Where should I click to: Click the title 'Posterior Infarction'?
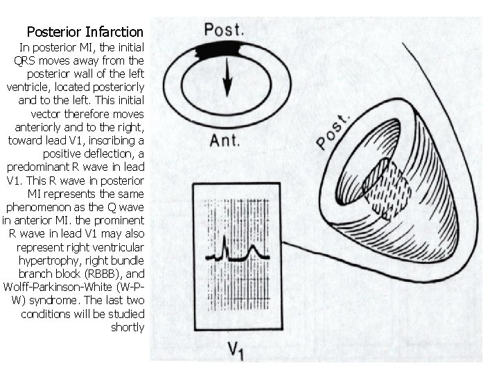tap(85, 32)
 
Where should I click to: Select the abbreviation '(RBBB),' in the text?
tap(116, 274)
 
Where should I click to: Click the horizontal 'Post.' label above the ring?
tap(223, 30)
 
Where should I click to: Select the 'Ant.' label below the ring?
tap(225, 140)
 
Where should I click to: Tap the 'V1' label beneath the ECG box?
tap(236, 349)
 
